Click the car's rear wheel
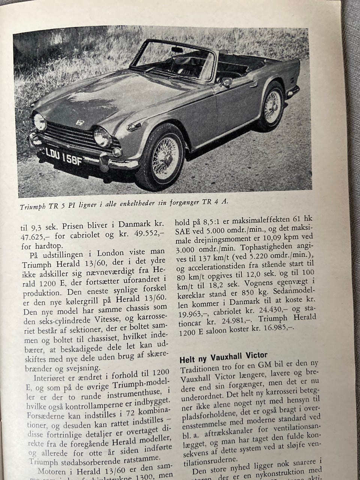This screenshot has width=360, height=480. [273, 107]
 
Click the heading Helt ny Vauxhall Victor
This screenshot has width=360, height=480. [223, 357]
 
